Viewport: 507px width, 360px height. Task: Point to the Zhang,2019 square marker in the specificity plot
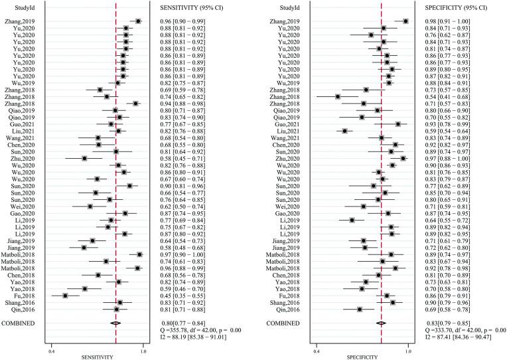click(405, 21)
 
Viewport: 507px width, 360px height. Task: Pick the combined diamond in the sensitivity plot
click(115, 323)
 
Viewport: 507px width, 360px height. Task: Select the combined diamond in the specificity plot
click(381, 323)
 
